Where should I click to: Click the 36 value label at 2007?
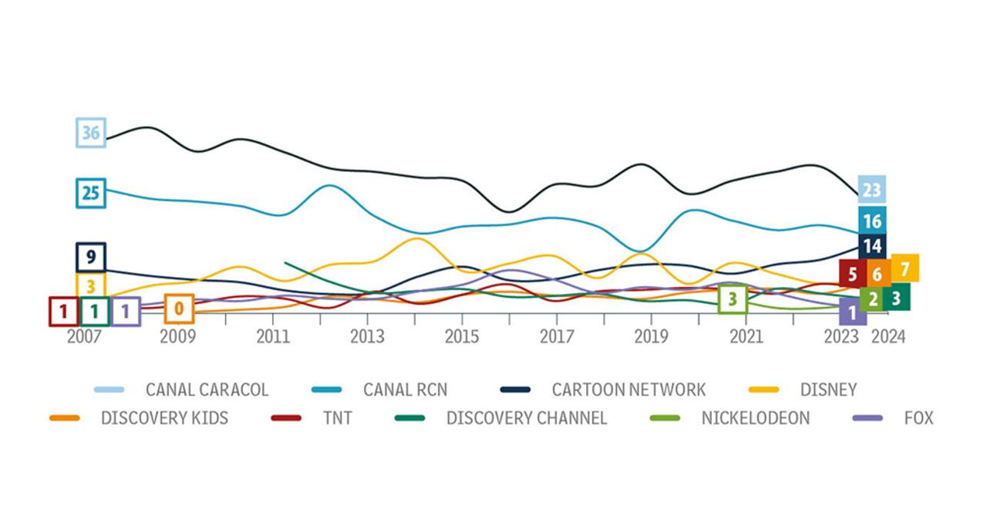(x=91, y=133)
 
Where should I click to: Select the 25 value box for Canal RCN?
(x=91, y=193)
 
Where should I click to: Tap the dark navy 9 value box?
(x=91, y=258)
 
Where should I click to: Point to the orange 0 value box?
(x=179, y=309)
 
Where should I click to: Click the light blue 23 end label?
(x=871, y=190)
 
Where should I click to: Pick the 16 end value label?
(x=872, y=221)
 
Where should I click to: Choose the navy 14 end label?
(x=872, y=247)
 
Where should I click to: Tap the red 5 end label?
(x=852, y=273)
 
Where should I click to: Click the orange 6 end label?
(x=878, y=273)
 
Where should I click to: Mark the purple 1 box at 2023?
(x=852, y=312)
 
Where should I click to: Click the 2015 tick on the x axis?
(x=461, y=337)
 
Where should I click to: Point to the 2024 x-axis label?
(x=888, y=337)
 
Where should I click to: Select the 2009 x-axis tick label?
(x=178, y=337)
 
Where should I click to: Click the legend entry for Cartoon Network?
(x=628, y=390)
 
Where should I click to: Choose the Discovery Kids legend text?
(x=164, y=418)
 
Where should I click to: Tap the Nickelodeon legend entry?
(x=755, y=418)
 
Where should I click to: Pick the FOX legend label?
(x=918, y=418)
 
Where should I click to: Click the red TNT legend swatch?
(x=286, y=418)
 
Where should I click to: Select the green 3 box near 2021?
(x=733, y=299)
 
